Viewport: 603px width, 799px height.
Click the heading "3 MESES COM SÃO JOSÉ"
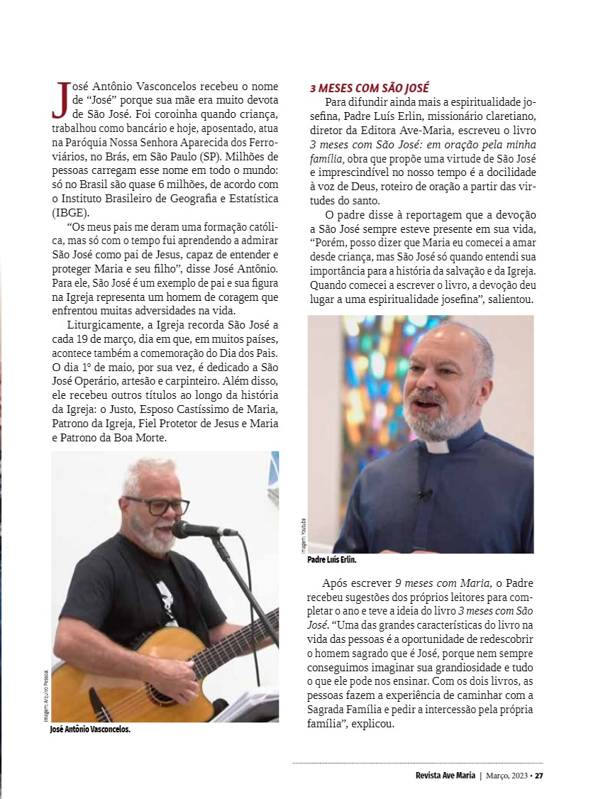tap(370, 89)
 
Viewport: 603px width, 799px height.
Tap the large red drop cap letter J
tap(61, 99)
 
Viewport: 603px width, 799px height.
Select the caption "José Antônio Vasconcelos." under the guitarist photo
tap(90, 729)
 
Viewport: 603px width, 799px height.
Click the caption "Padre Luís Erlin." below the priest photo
tap(332, 560)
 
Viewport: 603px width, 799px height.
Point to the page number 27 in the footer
tap(539, 776)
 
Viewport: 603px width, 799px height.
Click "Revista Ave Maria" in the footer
tap(446, 776)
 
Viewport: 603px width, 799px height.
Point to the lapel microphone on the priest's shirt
tap(426, 492)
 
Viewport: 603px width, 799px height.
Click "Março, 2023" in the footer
tap(507, 776)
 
